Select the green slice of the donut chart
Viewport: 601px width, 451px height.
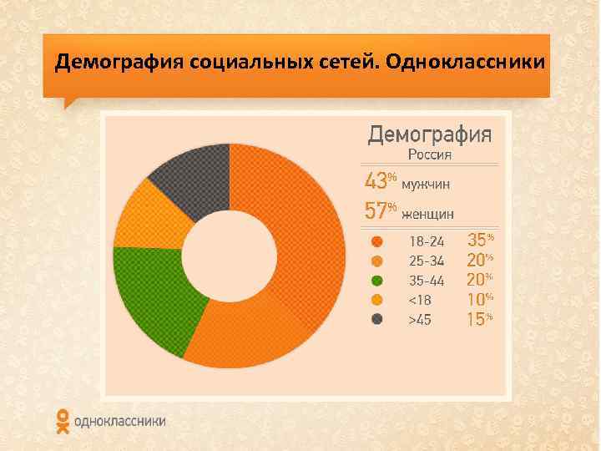[155, 291]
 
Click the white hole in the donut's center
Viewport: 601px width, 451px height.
[230, 259]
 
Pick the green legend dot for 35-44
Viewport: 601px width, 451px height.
[377, 280]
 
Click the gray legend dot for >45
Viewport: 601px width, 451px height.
[377, 319]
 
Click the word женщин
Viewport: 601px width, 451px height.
[428, 213]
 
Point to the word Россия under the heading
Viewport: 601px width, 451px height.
[430, 154]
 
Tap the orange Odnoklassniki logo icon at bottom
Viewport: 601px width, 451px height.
[63, 421]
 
